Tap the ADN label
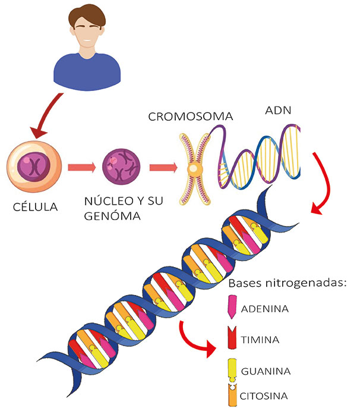tap(277, 111)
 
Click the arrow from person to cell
tap(46, 113)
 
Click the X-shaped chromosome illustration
tap(194, 168)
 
